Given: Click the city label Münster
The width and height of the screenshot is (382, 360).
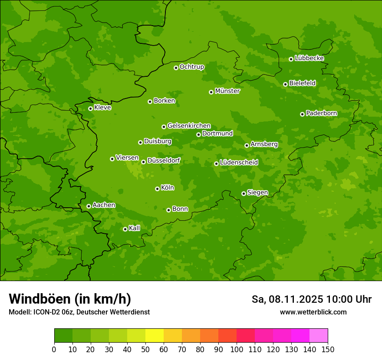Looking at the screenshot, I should [227, 91].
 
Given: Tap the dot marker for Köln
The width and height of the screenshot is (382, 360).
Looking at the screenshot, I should [157, 189].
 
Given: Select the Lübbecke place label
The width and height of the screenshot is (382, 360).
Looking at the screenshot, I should [309, 58].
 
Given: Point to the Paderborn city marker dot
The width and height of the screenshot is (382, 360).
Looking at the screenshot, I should [302, 114].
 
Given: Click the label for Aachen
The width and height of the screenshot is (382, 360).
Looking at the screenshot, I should [104, 205].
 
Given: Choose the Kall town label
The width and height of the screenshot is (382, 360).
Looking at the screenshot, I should [135, 228].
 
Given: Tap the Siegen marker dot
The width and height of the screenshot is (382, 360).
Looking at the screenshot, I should [244, 193].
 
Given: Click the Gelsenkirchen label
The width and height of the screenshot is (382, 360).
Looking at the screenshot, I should [189, 126].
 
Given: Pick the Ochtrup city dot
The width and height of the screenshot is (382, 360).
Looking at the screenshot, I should [176, 68].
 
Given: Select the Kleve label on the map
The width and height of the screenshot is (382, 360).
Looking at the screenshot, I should [102, 108].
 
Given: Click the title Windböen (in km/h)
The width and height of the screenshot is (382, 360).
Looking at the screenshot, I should [69, 299].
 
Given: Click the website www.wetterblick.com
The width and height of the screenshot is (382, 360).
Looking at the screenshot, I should [313, 312].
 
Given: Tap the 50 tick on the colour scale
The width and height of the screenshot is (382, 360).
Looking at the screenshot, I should [145, 349].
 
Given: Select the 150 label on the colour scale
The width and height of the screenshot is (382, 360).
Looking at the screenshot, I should [328, 349].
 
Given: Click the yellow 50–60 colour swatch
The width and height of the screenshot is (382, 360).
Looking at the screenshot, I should [155, 336].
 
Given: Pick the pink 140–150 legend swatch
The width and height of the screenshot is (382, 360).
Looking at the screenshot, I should [319, 336].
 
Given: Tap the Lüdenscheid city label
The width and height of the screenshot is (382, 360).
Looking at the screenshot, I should [239, 163].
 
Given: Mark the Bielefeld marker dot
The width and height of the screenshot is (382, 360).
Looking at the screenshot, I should [285, 84].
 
